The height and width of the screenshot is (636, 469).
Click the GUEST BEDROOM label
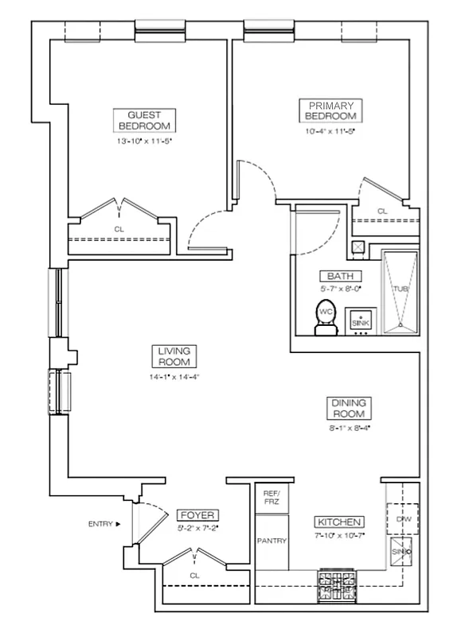click(144, 120)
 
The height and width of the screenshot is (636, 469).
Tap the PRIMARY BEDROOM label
click(330, 111)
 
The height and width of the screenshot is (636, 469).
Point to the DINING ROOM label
click(349, 409)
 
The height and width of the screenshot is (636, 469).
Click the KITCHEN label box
click(340, 522)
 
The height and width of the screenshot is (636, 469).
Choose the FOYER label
click(195, 514)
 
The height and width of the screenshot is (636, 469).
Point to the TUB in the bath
click(400, 290)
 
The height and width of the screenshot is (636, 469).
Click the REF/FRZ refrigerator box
click(272, 498)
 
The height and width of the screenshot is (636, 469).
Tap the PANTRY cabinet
click(272, 541)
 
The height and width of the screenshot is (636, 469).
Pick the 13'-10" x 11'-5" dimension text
click(144, 141)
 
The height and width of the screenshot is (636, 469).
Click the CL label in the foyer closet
click(194, 575)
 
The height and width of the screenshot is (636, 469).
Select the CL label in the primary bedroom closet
click(381, 211)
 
